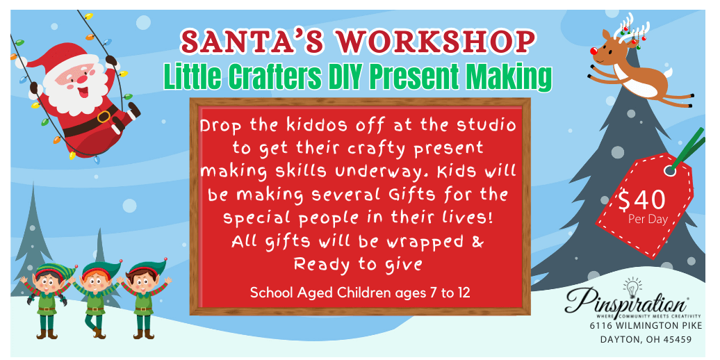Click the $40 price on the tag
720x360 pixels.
641,199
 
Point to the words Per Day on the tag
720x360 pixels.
648,219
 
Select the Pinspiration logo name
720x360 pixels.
626,302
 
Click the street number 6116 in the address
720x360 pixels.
602,326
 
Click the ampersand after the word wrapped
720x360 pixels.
477,242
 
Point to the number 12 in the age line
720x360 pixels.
464,293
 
